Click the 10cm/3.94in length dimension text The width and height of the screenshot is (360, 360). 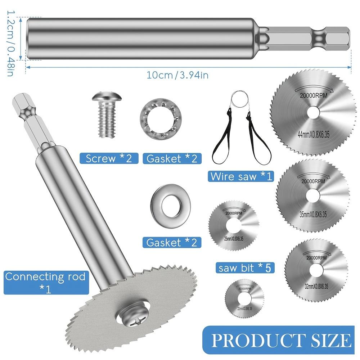(177, 75)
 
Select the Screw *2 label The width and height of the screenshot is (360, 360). (109, 158)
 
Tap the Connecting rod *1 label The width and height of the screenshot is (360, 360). (45, 282)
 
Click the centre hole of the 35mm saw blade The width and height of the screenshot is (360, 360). (313, 195)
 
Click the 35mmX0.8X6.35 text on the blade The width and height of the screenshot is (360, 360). (313, 215)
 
